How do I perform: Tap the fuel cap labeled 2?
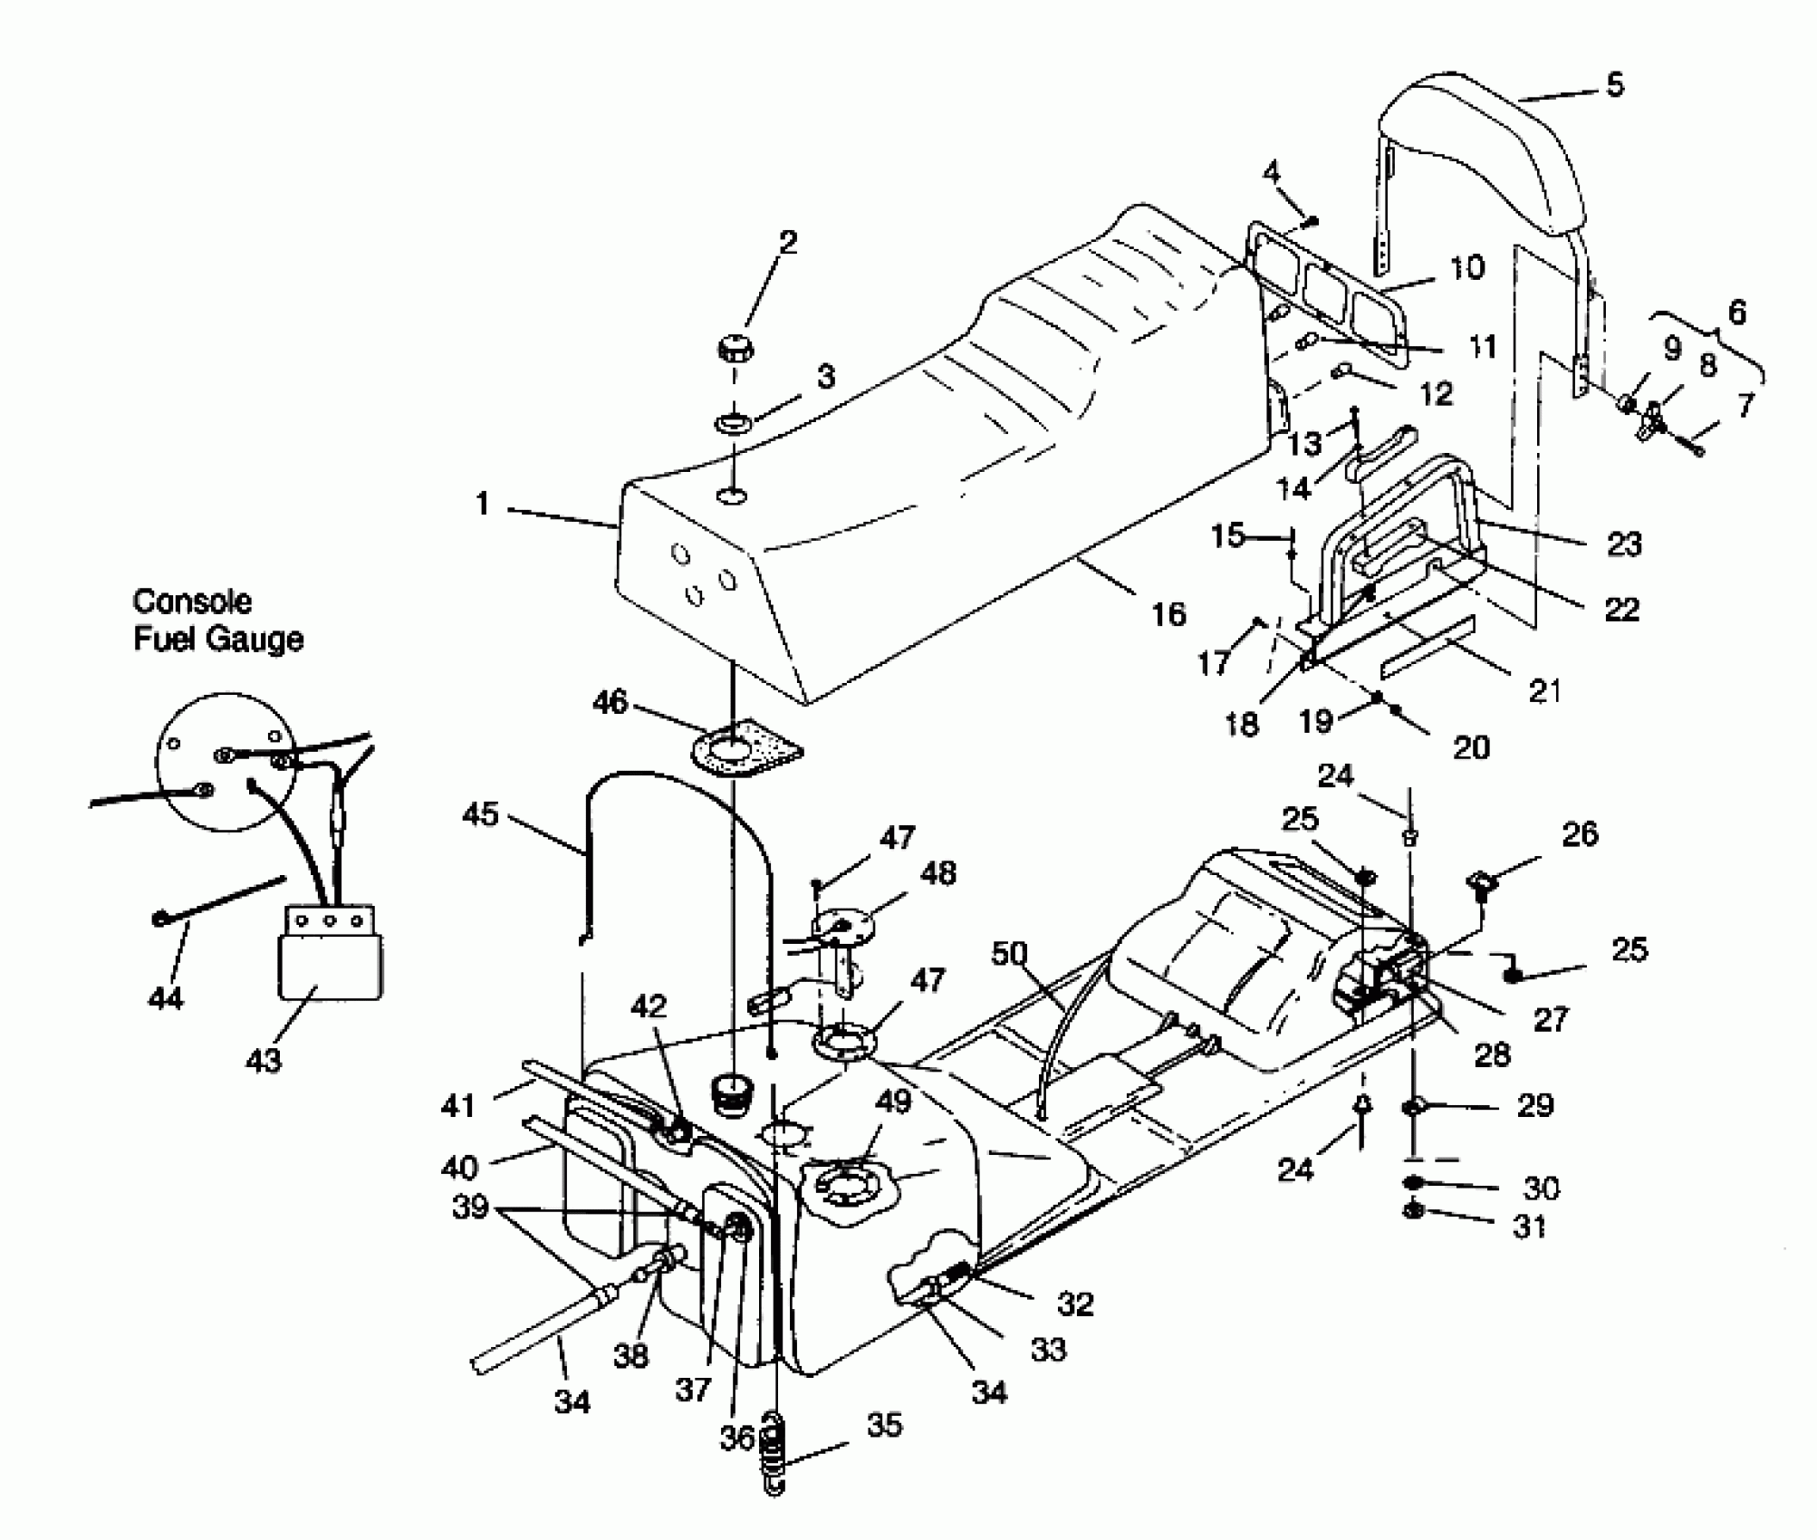737,349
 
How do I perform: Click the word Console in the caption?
191,602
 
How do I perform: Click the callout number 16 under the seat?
1168,614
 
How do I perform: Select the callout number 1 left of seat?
483,504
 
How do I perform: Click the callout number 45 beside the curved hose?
480,813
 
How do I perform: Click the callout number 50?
1010,953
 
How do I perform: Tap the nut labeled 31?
1412,1211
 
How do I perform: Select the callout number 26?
1581,833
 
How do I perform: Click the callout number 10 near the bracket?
1466,268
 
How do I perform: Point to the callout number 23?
1623,544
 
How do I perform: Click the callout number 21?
1545,690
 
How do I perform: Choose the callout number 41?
458,1105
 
